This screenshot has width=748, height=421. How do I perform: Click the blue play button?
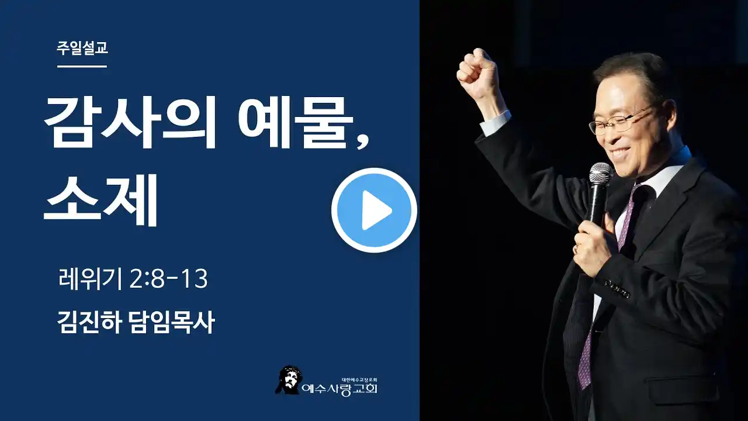(x=374, y=210)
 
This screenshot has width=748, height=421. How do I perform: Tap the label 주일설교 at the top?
(x=82, y=48)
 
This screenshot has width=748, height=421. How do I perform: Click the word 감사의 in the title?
(x=130, y=122)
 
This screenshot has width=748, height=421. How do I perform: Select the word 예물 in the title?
(x=296, y=122)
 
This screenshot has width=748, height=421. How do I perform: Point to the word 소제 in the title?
(x=101, y=200)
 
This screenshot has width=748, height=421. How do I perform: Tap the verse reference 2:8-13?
(x=168, y=279)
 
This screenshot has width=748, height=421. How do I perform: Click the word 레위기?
(x=90, y=279)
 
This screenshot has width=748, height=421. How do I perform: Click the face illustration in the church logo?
(x=288, y=380)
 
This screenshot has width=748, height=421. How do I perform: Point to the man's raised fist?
(x=477, y=74)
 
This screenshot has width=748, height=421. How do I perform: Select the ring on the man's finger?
(x=576, y=249)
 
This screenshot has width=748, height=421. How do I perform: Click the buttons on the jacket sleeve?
(x=618, y=289)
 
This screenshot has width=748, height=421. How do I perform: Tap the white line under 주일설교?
(x=82, y=67)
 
